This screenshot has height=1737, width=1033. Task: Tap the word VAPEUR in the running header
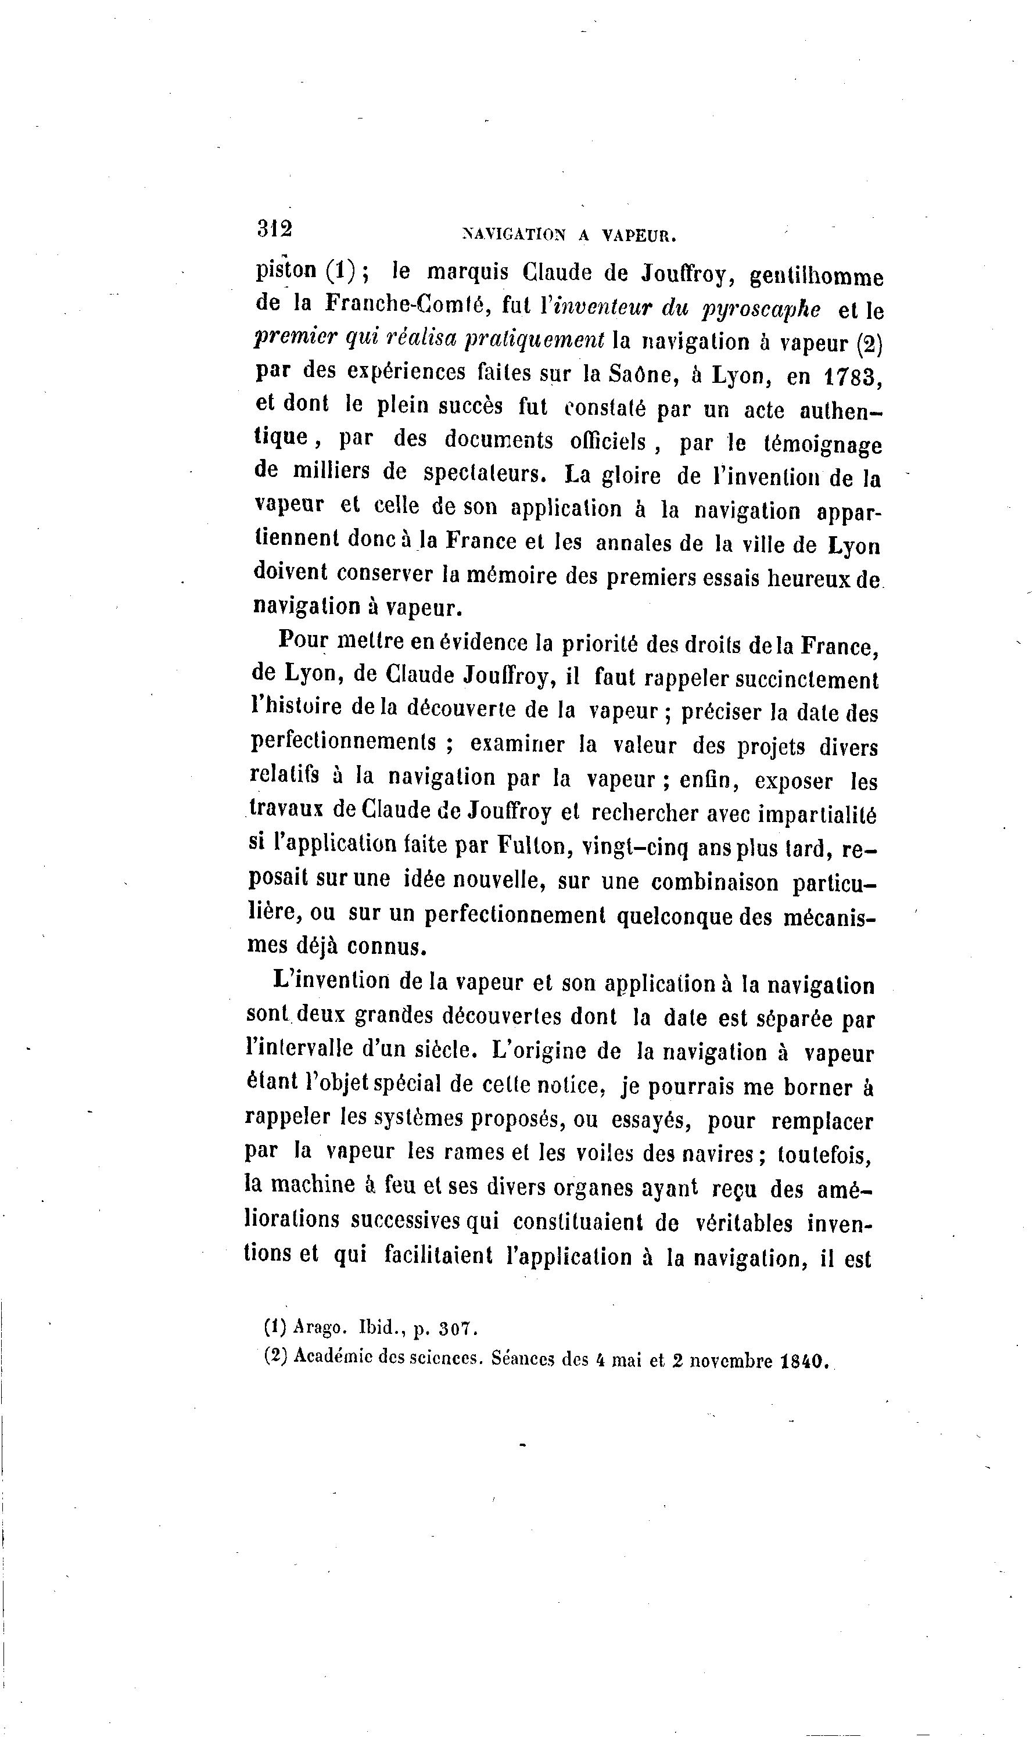pyautogui.click(x=639, y=236)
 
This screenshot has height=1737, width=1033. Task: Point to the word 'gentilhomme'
pyautogui.click(x=816, y=277)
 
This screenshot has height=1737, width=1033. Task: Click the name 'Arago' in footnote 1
pyautogui.click(x=320, y=1327)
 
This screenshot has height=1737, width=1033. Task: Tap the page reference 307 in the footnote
pyautogui.click(x=457, y=1329)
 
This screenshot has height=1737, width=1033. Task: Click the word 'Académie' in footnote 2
pyautogui.click(x=329, y=1356)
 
